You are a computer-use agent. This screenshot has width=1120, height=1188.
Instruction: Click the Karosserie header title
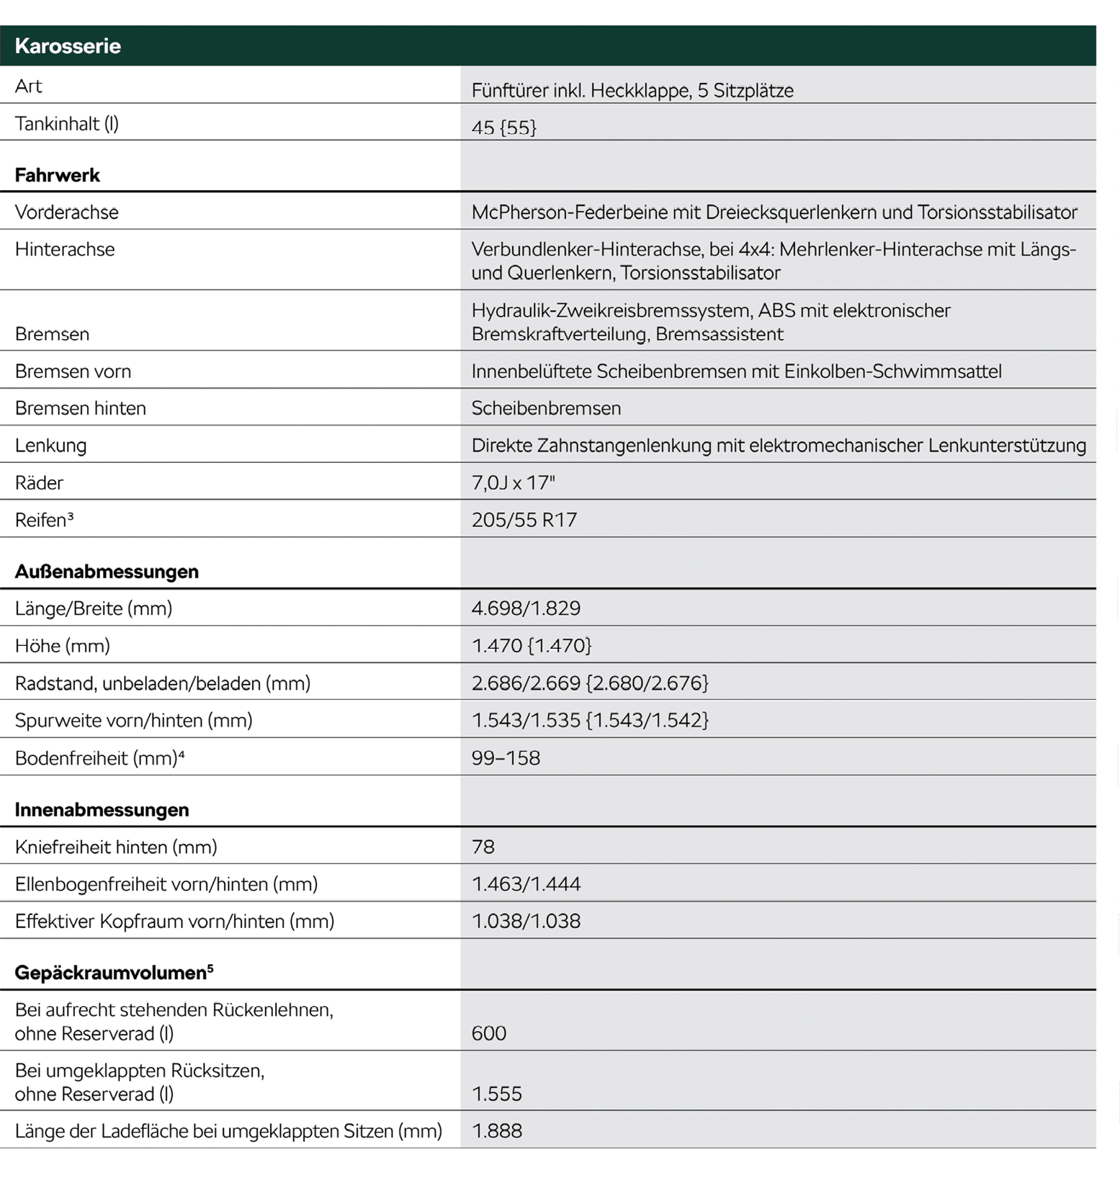[x=68, y=46]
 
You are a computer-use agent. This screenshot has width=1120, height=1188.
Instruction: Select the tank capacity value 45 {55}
[x=503, y=127]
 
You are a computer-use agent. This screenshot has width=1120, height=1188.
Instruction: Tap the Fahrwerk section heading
[x=58, y=175]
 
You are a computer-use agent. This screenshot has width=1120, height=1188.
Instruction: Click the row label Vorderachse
[x=66, y=212]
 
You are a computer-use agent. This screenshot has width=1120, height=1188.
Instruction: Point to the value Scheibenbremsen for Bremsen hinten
[x=546, y=408]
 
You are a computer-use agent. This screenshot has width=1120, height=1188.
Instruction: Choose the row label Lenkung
[x=50, y=446]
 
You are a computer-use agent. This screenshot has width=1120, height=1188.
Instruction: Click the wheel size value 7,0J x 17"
[x=513, y=482]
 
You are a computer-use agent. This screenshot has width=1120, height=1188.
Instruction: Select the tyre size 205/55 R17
[x=524, y=520]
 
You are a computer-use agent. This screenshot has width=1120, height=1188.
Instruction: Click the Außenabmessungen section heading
[x=107, y=572]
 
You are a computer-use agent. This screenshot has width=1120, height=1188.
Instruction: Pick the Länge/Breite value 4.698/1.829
[x=526, y=608]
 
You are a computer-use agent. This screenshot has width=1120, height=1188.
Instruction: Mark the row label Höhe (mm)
[x=62, y=646]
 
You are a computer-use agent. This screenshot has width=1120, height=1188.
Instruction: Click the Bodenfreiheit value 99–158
[x=506, y=758]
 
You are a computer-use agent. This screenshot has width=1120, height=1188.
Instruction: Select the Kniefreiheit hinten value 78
[x=483, y=847]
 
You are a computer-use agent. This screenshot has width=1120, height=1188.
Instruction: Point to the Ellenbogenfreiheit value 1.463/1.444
[x=526, y=884]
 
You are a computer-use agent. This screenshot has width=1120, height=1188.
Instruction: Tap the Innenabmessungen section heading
[x=102, y=810]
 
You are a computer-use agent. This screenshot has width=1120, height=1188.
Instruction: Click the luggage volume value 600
[x=488, y=1033]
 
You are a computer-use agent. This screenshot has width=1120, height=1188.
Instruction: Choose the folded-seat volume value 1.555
[x=496, y=1094]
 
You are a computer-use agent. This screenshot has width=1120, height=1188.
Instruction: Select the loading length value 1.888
[x=496, y=1131]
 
